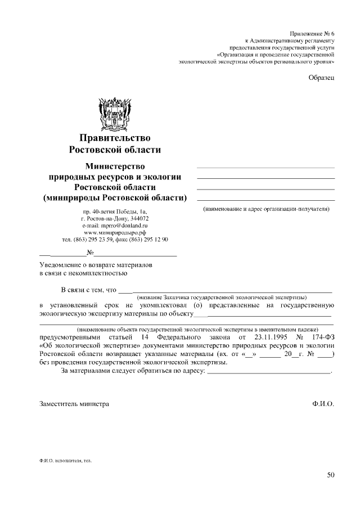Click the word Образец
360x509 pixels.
(x=322, y=77)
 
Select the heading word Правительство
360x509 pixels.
(x=115, y=138)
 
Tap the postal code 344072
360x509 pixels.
(x=138, y=218)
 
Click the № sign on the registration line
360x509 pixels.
(x=89, y=253)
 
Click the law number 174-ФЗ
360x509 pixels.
(x=321, y=337)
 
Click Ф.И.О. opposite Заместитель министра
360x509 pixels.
(x=323, y=403)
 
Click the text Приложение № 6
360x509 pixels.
(x=311, y=34)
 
